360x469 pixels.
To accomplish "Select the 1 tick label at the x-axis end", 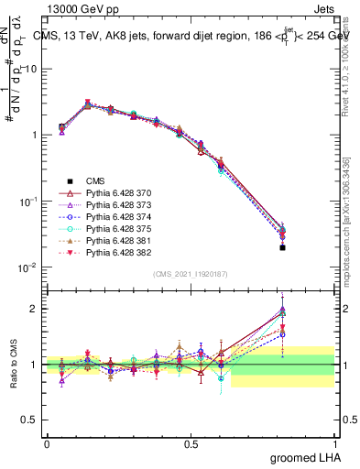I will click(x=333, y=443).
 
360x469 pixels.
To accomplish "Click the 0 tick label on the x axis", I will click(x=47, y=443).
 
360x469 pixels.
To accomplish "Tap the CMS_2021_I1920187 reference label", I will click(x=191, y=274).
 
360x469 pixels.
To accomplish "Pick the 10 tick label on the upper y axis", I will click(x=30, y=69).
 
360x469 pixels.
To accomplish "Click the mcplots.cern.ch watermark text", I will click(x=349, y=202).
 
